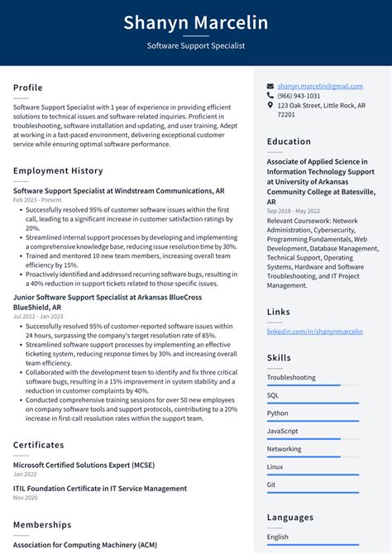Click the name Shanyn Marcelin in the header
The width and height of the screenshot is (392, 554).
[x=196, y=23]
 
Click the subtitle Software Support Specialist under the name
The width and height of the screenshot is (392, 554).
[x=196, y=46]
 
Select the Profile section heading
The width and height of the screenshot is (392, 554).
[x=28, y=88]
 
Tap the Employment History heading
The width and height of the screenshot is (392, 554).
[x=58, y=170]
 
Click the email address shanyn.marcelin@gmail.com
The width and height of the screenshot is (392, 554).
[x=320, y=86]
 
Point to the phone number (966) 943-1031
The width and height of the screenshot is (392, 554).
[x=299, y=96]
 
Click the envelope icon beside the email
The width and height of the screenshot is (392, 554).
[x=270, y=86]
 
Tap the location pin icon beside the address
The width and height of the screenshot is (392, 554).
[x=270, y=106]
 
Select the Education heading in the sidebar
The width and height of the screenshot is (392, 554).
[x=289, y=141]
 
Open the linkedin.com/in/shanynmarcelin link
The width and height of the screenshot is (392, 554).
[x=314, y=332]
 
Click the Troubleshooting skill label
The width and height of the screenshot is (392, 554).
[x=291, y=378]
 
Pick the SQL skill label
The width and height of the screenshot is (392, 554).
[x=273, y=395]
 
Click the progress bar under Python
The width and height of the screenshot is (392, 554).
[x=313, y=421]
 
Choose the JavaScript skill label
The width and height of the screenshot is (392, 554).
[x=282, y=431]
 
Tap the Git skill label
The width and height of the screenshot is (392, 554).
[x=271, y=485]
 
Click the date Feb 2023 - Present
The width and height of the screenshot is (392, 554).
[x=37, y=200]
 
